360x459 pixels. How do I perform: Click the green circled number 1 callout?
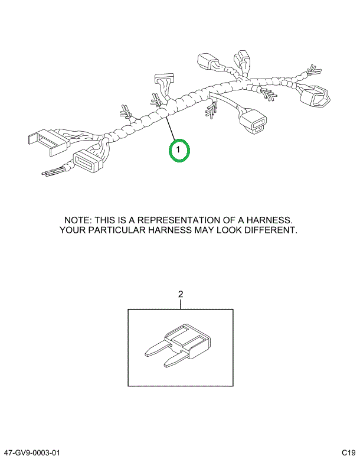(x=179, y=150)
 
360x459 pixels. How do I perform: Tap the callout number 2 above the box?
(x=181, y=294)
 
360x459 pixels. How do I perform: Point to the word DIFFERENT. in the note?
(x=271, y=230)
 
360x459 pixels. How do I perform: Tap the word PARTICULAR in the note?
(x=117, y=230)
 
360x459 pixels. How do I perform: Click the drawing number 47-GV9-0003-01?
(x=30, y=453)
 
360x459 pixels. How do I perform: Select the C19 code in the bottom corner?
(x=349, y=453)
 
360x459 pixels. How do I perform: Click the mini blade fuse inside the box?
(x=178, y=346)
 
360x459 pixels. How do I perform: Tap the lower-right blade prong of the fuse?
(x=173, y=361)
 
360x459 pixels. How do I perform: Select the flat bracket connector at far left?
(x=49, y=142)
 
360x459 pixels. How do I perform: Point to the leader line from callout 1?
(x=171, y=128)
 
